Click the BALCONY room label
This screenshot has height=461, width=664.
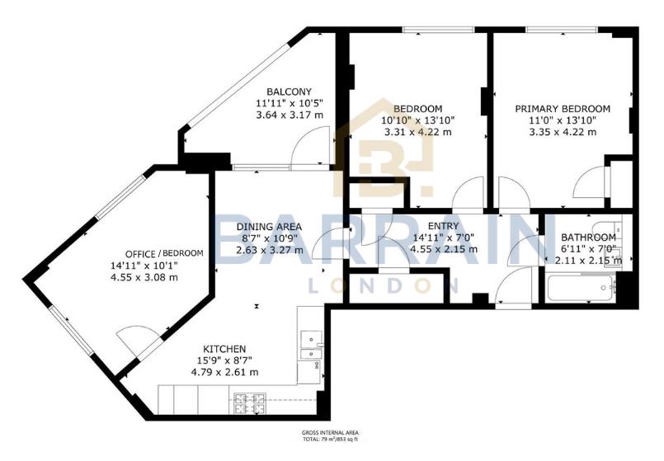click(x=288, y=92)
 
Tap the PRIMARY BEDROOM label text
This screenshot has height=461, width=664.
click(x=562, y=109)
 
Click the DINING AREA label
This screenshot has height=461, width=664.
click(x=269, y=227)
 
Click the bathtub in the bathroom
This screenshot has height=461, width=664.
click(x=581, y=289)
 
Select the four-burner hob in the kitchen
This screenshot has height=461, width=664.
click(x=251, y=403)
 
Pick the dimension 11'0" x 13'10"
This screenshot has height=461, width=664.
click(x=562, y=120)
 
